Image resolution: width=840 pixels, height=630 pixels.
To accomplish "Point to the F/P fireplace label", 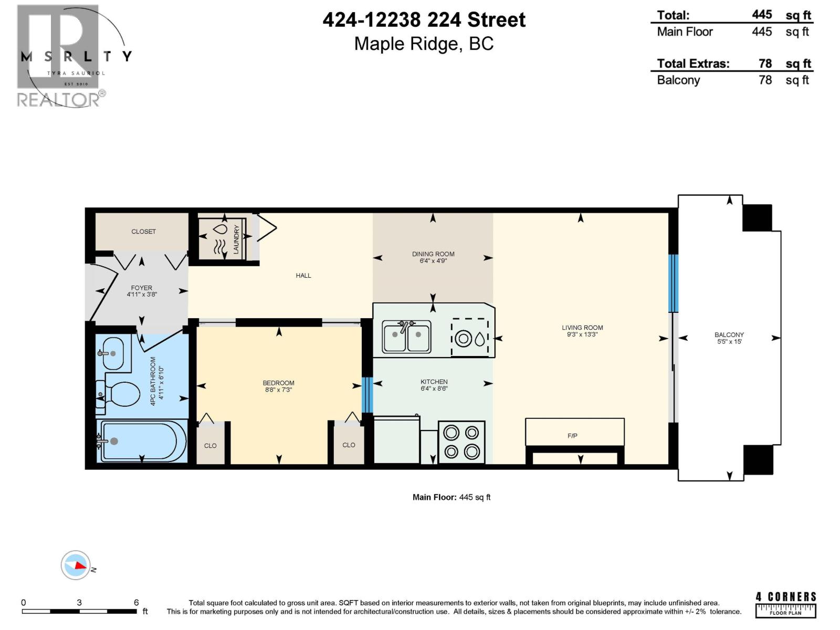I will pyautogui.click(x=572, y=436).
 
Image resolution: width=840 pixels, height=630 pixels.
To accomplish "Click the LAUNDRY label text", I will pyautogui.click(x=236, y=239).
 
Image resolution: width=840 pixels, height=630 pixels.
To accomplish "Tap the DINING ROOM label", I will pyautogui.click(x=433, y=254).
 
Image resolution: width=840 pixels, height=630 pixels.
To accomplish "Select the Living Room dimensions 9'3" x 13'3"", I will pyautogui.click(x=582, y=334).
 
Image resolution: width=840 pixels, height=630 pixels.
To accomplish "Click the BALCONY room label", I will pyautogui.click(x=729, y=334).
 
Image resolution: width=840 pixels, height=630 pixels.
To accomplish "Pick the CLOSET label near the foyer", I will pyautogui.click(x=143, y=232).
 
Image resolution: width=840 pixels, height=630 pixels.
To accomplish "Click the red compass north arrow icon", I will pyautogui.click(x=79, y=565).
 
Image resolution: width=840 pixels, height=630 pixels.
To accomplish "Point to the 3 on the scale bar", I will pyautogui.click(x=79, y=603).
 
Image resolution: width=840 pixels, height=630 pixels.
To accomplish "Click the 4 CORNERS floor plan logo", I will pyautogui.click(x=786, y=604).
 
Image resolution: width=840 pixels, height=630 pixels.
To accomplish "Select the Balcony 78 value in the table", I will pyautogui.click(x=765, y=80).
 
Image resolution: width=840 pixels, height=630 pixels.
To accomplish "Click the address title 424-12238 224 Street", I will pyautogui.click(x=424, y=20).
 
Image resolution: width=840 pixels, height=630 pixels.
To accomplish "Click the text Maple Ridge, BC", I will pyautogui.click(x=424, y=44).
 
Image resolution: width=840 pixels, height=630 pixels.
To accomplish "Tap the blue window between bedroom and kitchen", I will pyautogui.click(x=367, y=395).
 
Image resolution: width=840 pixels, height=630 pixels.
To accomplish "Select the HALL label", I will pyautogui.click(x=303, y=276).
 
